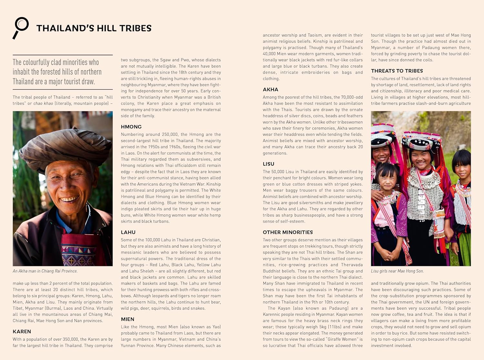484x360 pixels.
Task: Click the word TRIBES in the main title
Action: click(x=135, y=28)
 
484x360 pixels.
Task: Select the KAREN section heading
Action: click(x=22, y=332)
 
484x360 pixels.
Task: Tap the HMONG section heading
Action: click(x=131, y=127)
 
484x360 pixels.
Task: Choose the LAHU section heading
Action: click(x=128, y=232)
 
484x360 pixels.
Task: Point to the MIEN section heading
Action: click(x=127, y=319)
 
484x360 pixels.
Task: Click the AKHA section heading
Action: click(x=270, y=90)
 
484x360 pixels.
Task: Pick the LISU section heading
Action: click(x=268, y=164)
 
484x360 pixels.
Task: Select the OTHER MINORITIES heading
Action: click(x=288, y=232)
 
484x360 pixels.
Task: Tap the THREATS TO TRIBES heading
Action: click(x=397, y=71)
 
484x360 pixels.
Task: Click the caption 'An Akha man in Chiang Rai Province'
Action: click(x=45, y=271)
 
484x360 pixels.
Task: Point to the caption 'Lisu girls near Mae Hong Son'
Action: click(x=397, y=271)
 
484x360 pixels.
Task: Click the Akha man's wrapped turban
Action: click(x=61, y=145)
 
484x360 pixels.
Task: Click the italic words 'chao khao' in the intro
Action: click(x=43, y=104)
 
